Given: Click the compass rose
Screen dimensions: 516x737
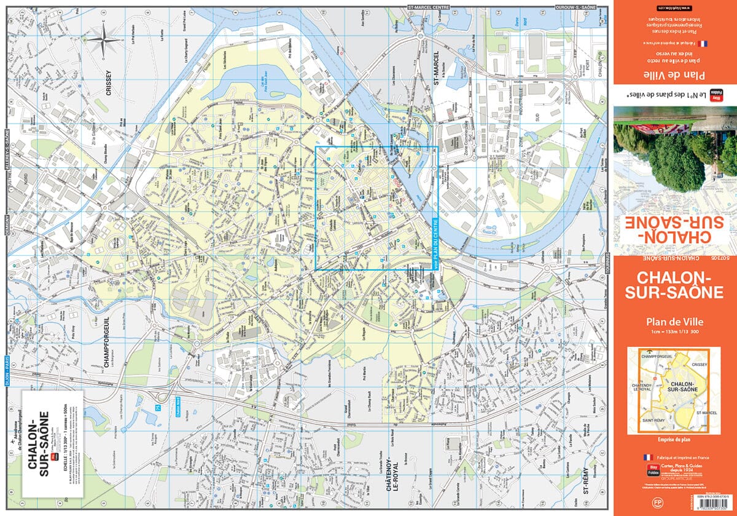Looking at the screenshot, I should (105, 39).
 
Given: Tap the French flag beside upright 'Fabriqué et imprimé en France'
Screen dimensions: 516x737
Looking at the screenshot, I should (646, 458).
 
